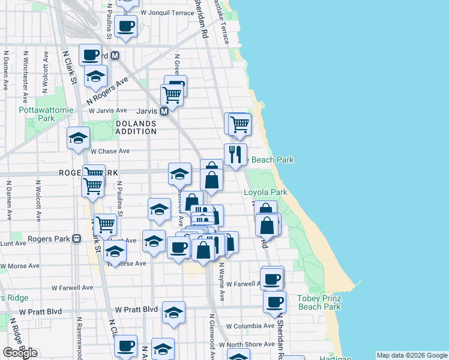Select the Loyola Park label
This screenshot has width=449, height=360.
[x=265, y=193]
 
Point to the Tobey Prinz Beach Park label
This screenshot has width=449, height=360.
[x=319, y=302]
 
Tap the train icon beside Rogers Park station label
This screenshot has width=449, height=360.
[x=76, y=238]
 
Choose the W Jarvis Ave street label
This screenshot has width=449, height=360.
[x=108, y=110]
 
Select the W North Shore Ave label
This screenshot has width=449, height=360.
[x=247, y=344]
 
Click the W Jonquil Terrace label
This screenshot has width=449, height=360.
[x=167, y=12]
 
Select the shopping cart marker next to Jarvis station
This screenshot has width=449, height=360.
[x=172, y=94]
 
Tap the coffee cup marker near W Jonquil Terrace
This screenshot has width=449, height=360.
[x=126, y=26]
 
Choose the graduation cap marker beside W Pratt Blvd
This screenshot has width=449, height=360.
[x=173, y=312]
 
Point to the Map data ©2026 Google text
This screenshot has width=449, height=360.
[x=412, y=355]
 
